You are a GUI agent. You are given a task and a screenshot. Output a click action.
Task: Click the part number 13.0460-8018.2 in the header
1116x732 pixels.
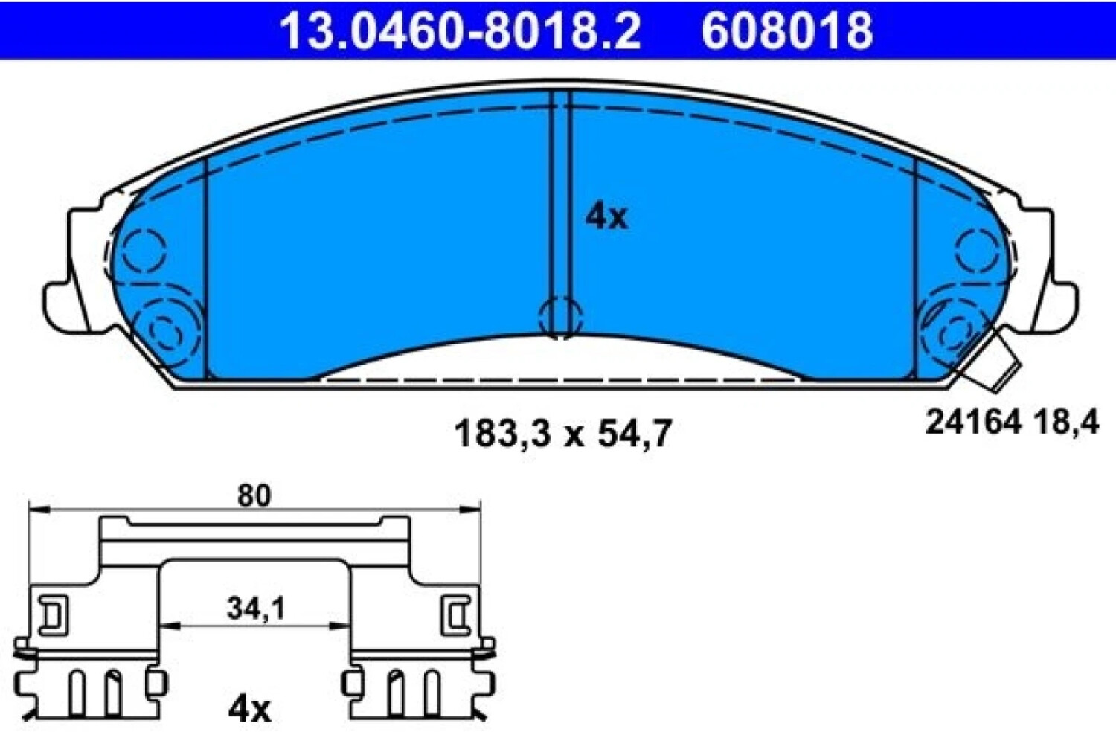click(x=461, y=30)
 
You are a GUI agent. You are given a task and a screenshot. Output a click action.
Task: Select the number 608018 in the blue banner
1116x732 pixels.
click(x=786, y=30)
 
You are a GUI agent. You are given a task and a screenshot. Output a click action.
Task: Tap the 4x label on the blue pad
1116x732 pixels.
click(x=607, y=217)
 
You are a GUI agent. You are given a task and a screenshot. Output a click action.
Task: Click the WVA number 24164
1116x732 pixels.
click(x=973, y=423)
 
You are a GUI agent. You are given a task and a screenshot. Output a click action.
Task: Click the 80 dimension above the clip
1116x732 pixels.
click(x=254, y=495)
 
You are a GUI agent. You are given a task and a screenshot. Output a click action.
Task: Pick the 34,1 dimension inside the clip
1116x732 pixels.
click(x=256, y=609)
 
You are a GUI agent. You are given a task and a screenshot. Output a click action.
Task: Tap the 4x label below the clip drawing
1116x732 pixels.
click(x=249, y=710)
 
